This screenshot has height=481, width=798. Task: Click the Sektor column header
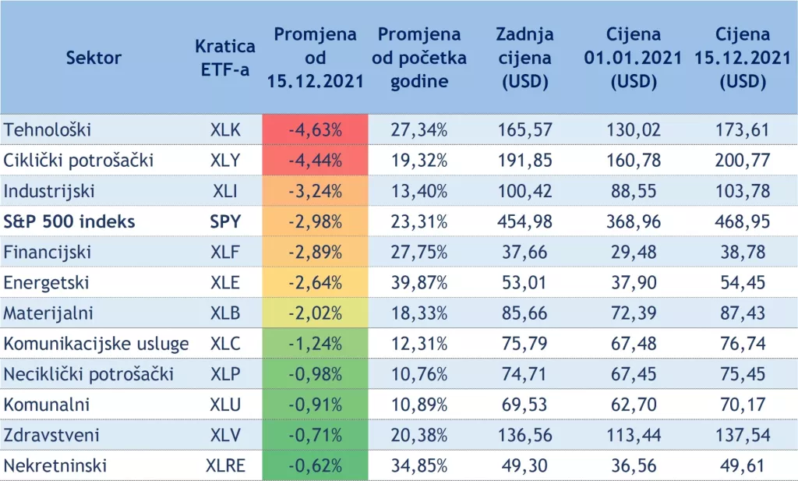(94, 58)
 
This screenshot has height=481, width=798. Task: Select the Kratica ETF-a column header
(225, 58)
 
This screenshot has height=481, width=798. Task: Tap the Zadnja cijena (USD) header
(524, 58)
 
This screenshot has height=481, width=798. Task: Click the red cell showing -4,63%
(315, 130)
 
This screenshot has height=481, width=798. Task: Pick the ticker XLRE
(225, 466)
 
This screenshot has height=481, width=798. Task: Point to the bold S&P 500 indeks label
(69, 222)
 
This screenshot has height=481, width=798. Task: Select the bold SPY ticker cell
(225, 222)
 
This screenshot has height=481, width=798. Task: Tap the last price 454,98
(524, 222)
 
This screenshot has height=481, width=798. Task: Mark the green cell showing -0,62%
(315, 466)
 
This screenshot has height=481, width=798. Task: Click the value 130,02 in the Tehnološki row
(633, 130)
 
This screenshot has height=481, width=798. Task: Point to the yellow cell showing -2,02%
(315, 313)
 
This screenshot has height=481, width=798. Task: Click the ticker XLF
(225, 253)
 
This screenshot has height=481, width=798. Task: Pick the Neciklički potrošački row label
(89, 374)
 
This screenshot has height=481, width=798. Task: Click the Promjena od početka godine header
(419, 58)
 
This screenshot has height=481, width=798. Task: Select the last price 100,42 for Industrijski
(524, 192)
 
